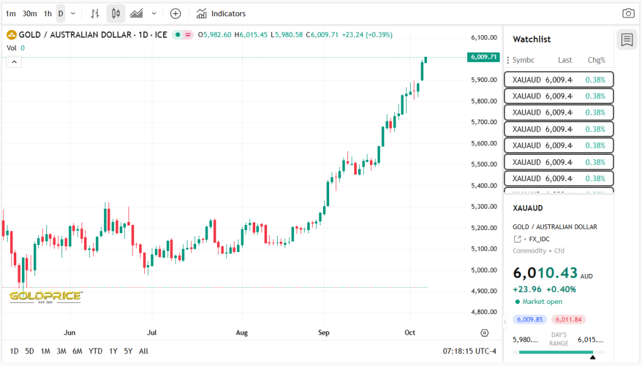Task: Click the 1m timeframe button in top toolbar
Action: [11, 13]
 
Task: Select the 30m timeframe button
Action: [29, 13]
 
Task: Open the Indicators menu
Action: [221, 13]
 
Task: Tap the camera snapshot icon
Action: [628, 13]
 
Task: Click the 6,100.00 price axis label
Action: [483, 38]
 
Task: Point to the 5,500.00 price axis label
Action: [483, 164]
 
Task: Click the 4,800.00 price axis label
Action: [483, 312]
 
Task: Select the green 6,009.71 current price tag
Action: [483, 57]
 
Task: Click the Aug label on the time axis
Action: [242, 332]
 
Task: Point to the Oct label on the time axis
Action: [410, 332]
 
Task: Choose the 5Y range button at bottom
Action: [128, 351]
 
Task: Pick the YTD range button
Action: [95, 351]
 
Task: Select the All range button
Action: [144, 351]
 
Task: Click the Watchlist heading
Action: [532, 39]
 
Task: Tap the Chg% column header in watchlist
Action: [596, 60]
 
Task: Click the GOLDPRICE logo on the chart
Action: [45, 296]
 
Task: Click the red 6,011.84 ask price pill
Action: [569, 320]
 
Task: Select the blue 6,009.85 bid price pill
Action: [530, 320]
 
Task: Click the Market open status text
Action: [542, 301]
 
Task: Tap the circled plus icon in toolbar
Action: [176, 13]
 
